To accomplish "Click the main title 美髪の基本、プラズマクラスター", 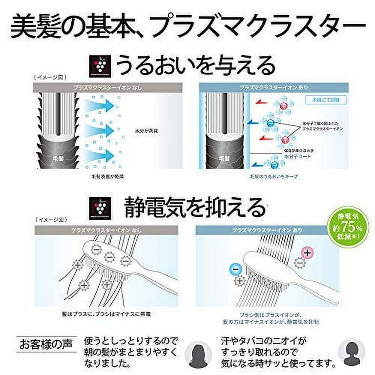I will (187, 28).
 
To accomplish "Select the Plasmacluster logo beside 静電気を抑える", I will (100, 208).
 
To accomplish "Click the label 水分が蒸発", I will (145, 131).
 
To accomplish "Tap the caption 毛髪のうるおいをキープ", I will (273, 175).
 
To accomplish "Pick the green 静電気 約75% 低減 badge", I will (347, 228).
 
